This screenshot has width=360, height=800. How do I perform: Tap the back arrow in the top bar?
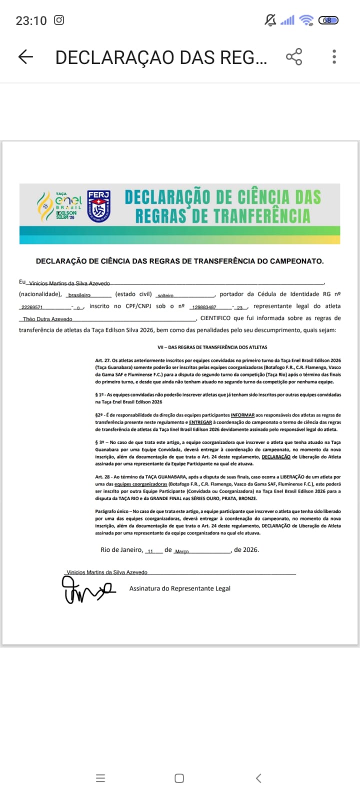pos(25,57)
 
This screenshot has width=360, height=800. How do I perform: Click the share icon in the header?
pos(294,57)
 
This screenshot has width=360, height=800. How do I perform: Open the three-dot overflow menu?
pos(334,57)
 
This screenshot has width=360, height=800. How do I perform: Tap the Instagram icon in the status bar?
pos(59,20)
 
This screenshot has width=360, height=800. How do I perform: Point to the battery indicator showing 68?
pos(328,20)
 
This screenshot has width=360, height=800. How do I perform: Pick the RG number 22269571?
pos(32,307)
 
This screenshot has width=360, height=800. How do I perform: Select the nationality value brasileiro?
pos(79,295)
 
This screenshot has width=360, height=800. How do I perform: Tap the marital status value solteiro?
pos(165,295)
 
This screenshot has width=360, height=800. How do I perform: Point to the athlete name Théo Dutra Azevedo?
pos(48,319)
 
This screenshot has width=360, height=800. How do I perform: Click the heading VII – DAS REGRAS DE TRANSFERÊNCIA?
pos(212,347)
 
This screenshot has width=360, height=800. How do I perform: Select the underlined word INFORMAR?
pos(242,415)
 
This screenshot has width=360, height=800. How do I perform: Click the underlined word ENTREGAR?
pos(200,422)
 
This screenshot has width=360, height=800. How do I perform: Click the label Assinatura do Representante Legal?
pos(179,588)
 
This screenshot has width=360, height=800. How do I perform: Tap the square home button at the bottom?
pos(179,778)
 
